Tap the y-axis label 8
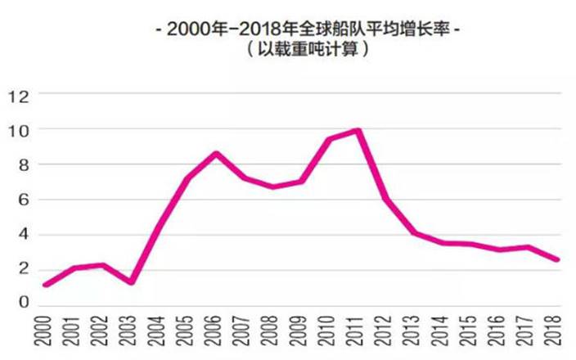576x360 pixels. pyautogui.click(x=22, y=164)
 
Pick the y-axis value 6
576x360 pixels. pyautogui.click(x=22, y=200)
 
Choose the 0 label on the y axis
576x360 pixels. pyautogui.click(x=22, y=304)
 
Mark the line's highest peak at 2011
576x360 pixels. pyautogui.click(x=358, y=130)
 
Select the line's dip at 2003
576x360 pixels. pyautogui.click(x=131, y=282)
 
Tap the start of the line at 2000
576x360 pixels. pyautogui.click(x=46, y=285)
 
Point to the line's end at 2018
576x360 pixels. pyautogui.click(x=557, y=260)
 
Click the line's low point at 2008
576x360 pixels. pyautogui.click(x=272, y=187)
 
